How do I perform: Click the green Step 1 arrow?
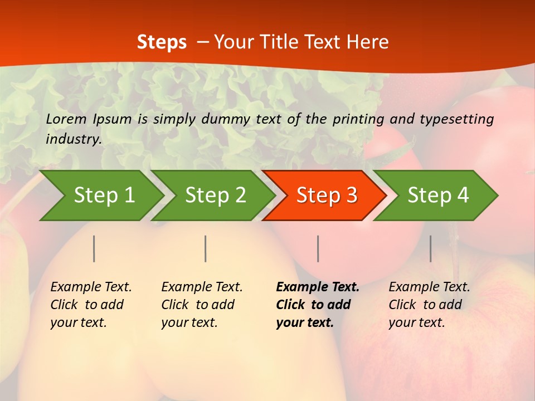(103, 195)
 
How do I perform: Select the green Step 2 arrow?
(215, 195)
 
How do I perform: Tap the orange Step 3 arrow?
(326, 195)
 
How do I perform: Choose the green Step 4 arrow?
(437, 195)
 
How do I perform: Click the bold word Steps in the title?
(162, 42)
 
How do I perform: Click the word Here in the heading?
(367, 42)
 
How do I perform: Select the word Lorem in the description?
(66, 119)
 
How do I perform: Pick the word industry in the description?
(73, 139)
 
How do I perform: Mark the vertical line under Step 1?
(94, 248)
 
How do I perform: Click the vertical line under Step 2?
(206, 248)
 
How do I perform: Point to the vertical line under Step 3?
(318, 248)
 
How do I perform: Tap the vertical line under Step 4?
(430, 248)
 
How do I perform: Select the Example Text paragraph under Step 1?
(91, 305)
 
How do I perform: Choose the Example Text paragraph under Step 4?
(429, 305)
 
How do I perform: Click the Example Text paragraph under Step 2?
(202, 305)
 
